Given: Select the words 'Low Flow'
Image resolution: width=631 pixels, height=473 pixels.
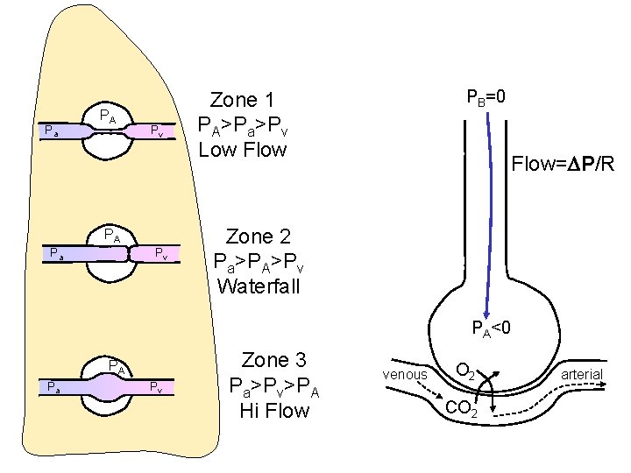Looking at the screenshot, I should (243, 150).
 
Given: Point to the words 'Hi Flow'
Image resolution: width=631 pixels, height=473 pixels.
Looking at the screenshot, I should (274, 409).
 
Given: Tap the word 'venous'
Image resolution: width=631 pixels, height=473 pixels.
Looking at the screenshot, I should (406, 375).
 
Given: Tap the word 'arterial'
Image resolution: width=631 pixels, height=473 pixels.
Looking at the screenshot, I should (582, 374).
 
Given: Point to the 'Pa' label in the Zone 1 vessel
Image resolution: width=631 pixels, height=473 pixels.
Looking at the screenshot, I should (52, 132).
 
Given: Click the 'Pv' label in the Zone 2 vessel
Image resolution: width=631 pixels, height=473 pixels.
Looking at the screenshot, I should (161, 254).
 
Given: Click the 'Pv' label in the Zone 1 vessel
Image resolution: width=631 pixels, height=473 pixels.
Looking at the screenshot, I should (155, 131).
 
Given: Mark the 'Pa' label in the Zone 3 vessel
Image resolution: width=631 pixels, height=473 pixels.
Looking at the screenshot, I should (53, 386).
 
